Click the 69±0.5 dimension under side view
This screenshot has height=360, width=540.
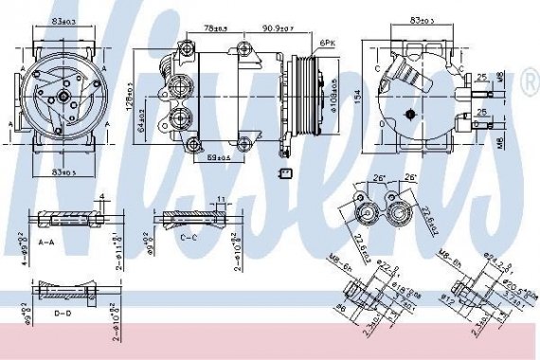(221, 158)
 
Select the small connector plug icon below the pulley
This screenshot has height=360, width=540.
(285, 172)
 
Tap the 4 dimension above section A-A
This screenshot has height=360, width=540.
(101, 197)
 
